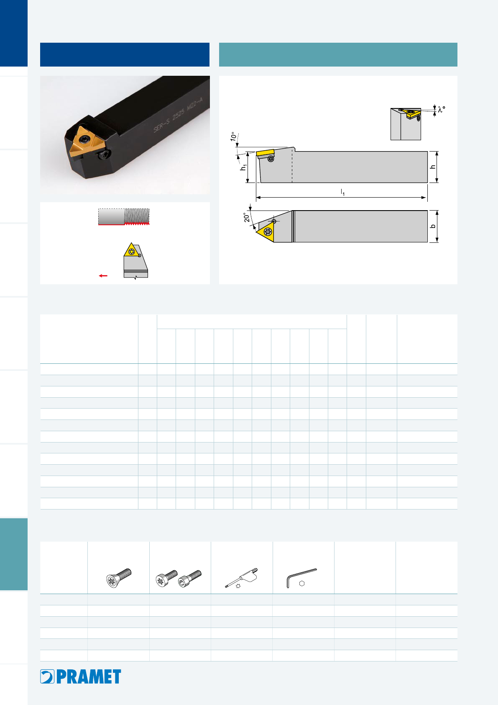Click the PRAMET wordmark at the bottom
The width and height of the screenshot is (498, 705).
point(89,677)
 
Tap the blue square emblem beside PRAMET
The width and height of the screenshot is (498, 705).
point(47,677)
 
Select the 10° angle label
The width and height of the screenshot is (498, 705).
point(233,136)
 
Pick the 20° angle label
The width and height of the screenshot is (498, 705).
point(247,217)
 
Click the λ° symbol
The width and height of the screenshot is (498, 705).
point(442,109)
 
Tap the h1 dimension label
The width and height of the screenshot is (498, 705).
point(243,167)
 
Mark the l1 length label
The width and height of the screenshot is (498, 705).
point(343,192)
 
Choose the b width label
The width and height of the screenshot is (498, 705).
point(433,226)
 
